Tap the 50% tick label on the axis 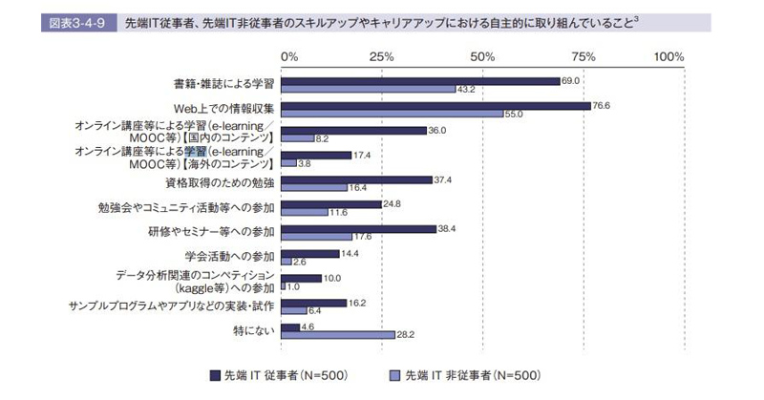482,57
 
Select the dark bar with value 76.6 436,105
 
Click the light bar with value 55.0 393,114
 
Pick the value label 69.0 571,80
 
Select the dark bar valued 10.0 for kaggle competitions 303,278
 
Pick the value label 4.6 308,326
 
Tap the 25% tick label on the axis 383,57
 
